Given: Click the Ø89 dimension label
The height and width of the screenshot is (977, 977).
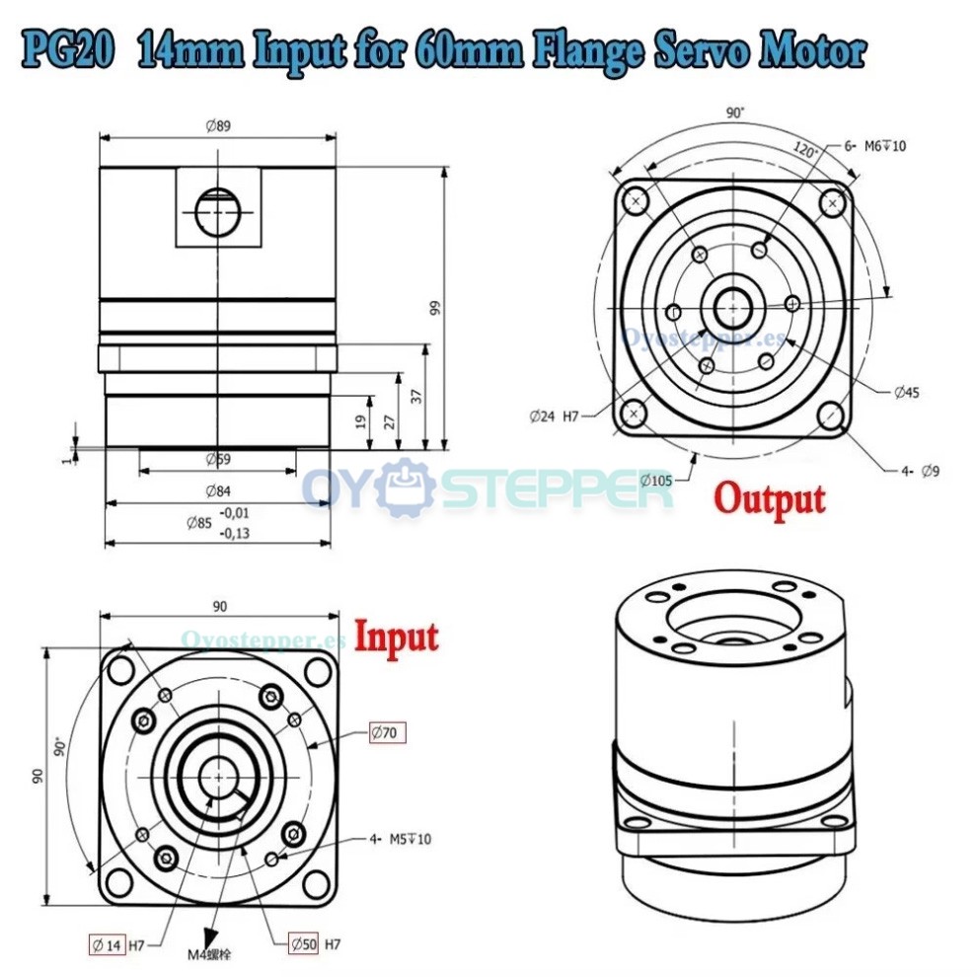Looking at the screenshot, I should (217, 126).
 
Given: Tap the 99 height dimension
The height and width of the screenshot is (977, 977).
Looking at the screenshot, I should (435, 307).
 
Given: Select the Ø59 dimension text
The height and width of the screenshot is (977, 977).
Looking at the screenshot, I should (217, 459).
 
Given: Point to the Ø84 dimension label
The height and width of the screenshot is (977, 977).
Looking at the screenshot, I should (217, 491).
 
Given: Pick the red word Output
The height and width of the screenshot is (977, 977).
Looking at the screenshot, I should (770, 499).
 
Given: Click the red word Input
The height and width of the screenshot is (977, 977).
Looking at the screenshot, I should (396, 637).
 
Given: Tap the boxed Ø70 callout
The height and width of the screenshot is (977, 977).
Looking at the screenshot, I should (387, 732).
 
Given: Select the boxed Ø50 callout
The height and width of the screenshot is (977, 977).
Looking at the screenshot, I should (304, 944).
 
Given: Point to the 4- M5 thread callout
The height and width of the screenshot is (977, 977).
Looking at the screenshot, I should (401, 839).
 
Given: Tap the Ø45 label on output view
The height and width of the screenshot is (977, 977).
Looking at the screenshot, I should (906, 393).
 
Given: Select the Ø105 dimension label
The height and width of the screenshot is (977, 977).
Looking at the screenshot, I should (655, 481).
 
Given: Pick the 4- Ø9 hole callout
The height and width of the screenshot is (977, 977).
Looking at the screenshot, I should (920, 471).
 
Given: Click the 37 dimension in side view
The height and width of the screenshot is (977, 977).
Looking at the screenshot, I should (417, 395).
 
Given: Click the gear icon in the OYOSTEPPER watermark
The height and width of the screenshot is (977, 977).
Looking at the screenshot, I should (404, 488).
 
